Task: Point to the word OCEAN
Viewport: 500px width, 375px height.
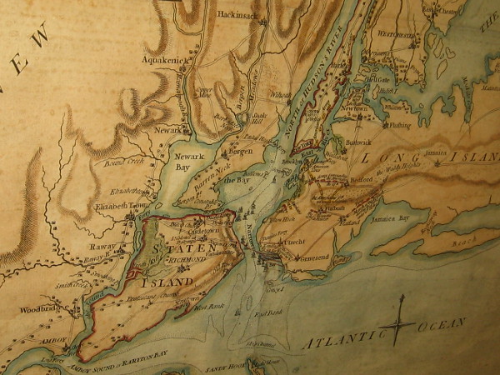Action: pyautogui.click(x=439, y=323)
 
